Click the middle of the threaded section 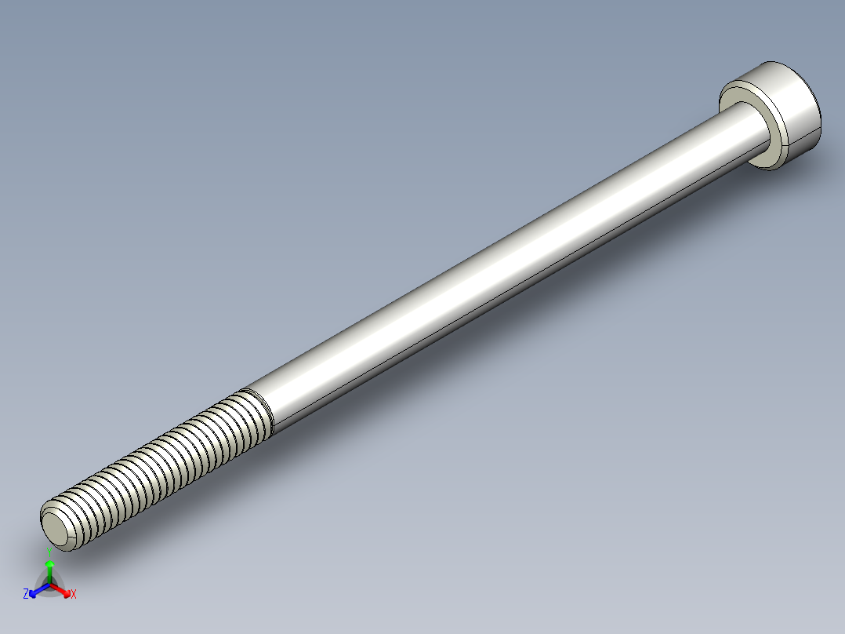click(157, 463)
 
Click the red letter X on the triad click(74, 594)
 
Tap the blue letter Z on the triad click(26, 594)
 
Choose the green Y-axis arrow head click(49, 564)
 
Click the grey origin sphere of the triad click(49, 584)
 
